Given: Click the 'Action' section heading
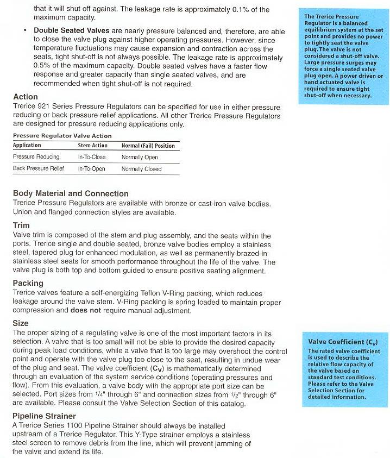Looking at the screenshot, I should tap(25, 97).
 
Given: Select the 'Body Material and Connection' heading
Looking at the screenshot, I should tap(71, 193).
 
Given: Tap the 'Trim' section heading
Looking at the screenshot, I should tap(21, 225).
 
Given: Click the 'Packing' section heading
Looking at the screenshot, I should tap(28, 283).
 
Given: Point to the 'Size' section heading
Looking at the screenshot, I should tap(21, 323).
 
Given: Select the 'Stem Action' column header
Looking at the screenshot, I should tap(92, 146).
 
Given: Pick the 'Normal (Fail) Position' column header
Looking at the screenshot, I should tap(148, 146).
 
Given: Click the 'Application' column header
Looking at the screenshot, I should tap(27, 146).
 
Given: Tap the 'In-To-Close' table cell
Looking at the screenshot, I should tap(92, 157).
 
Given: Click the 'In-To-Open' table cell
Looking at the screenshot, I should tap(92, 169).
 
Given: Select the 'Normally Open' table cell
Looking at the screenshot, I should tap(140, 157).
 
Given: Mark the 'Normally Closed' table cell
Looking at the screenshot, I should tap(141, 169).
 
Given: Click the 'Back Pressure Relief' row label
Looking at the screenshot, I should tap(39, 169).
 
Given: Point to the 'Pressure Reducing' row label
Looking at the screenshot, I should tap(36, 157).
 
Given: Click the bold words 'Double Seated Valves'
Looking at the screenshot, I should tap(71, 30).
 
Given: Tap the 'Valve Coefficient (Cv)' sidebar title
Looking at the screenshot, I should tap(342, 342).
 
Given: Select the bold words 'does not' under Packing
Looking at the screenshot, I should tap(84, 311).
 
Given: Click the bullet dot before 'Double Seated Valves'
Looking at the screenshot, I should tap(25, 30).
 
